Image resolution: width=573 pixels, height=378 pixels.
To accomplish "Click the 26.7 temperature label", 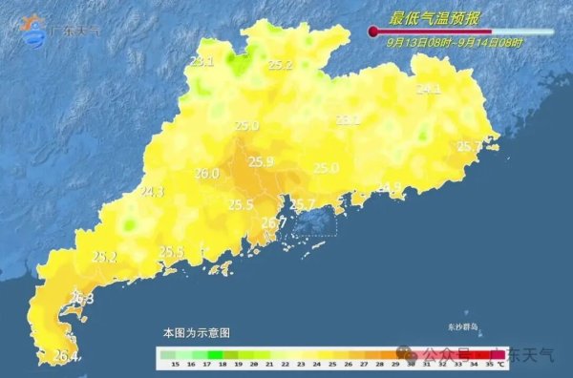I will (x=274, y=222).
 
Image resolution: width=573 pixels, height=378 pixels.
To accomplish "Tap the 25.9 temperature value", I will (x=261, y=161).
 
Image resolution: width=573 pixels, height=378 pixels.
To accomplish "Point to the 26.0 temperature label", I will (x=206, y=174).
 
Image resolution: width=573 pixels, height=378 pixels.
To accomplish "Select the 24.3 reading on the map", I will (x=152, y=192).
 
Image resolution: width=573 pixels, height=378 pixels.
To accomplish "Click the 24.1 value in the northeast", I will (x=429, y=89).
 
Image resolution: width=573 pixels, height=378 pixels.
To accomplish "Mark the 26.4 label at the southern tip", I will (x=65, y=357).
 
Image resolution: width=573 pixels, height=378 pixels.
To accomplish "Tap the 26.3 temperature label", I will (x=82, y=300).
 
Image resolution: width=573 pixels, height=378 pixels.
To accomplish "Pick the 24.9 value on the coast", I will (x=389, y=187).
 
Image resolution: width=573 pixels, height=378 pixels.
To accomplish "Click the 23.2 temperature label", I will (x=348, y=119).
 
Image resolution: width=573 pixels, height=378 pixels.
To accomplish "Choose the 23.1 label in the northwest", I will (x=202, y=61).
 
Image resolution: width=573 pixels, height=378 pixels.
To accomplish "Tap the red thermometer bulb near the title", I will (x=373, y=32).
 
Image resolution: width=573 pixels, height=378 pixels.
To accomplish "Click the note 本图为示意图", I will (x=196, y=332).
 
